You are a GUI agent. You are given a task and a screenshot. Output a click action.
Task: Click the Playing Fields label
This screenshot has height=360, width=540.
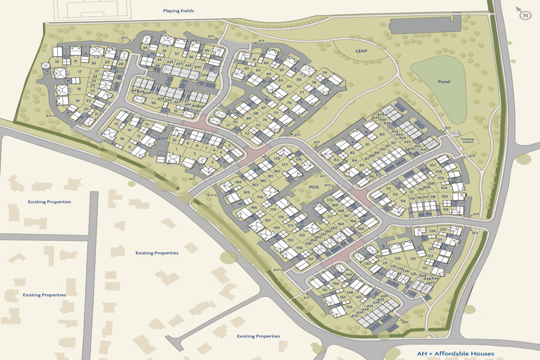[178, 11]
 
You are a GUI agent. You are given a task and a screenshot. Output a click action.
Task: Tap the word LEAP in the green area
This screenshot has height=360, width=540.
[361, 51]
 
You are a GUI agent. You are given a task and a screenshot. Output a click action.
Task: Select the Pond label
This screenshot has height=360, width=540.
[444, 81]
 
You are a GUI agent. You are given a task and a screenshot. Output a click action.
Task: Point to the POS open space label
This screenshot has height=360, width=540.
[313, 188]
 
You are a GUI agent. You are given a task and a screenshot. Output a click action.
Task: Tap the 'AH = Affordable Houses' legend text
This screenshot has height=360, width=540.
[456, 353]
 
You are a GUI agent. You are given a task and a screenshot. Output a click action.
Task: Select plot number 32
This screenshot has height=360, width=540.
[57, 62]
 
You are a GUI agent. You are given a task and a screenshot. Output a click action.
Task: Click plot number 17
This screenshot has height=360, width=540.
[79, 72]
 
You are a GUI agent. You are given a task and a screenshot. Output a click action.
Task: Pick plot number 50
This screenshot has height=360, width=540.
[153, 103]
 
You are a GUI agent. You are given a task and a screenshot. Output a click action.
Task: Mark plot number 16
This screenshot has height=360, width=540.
[122, 139]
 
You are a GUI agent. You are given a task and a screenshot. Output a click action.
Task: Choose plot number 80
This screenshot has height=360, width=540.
[382, 134]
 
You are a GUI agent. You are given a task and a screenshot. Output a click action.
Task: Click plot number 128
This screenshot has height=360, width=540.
[397, 258]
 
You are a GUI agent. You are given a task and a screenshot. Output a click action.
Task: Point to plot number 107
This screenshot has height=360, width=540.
[432, 165]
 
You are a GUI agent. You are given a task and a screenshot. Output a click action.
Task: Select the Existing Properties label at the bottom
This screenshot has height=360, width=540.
[258, 336]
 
